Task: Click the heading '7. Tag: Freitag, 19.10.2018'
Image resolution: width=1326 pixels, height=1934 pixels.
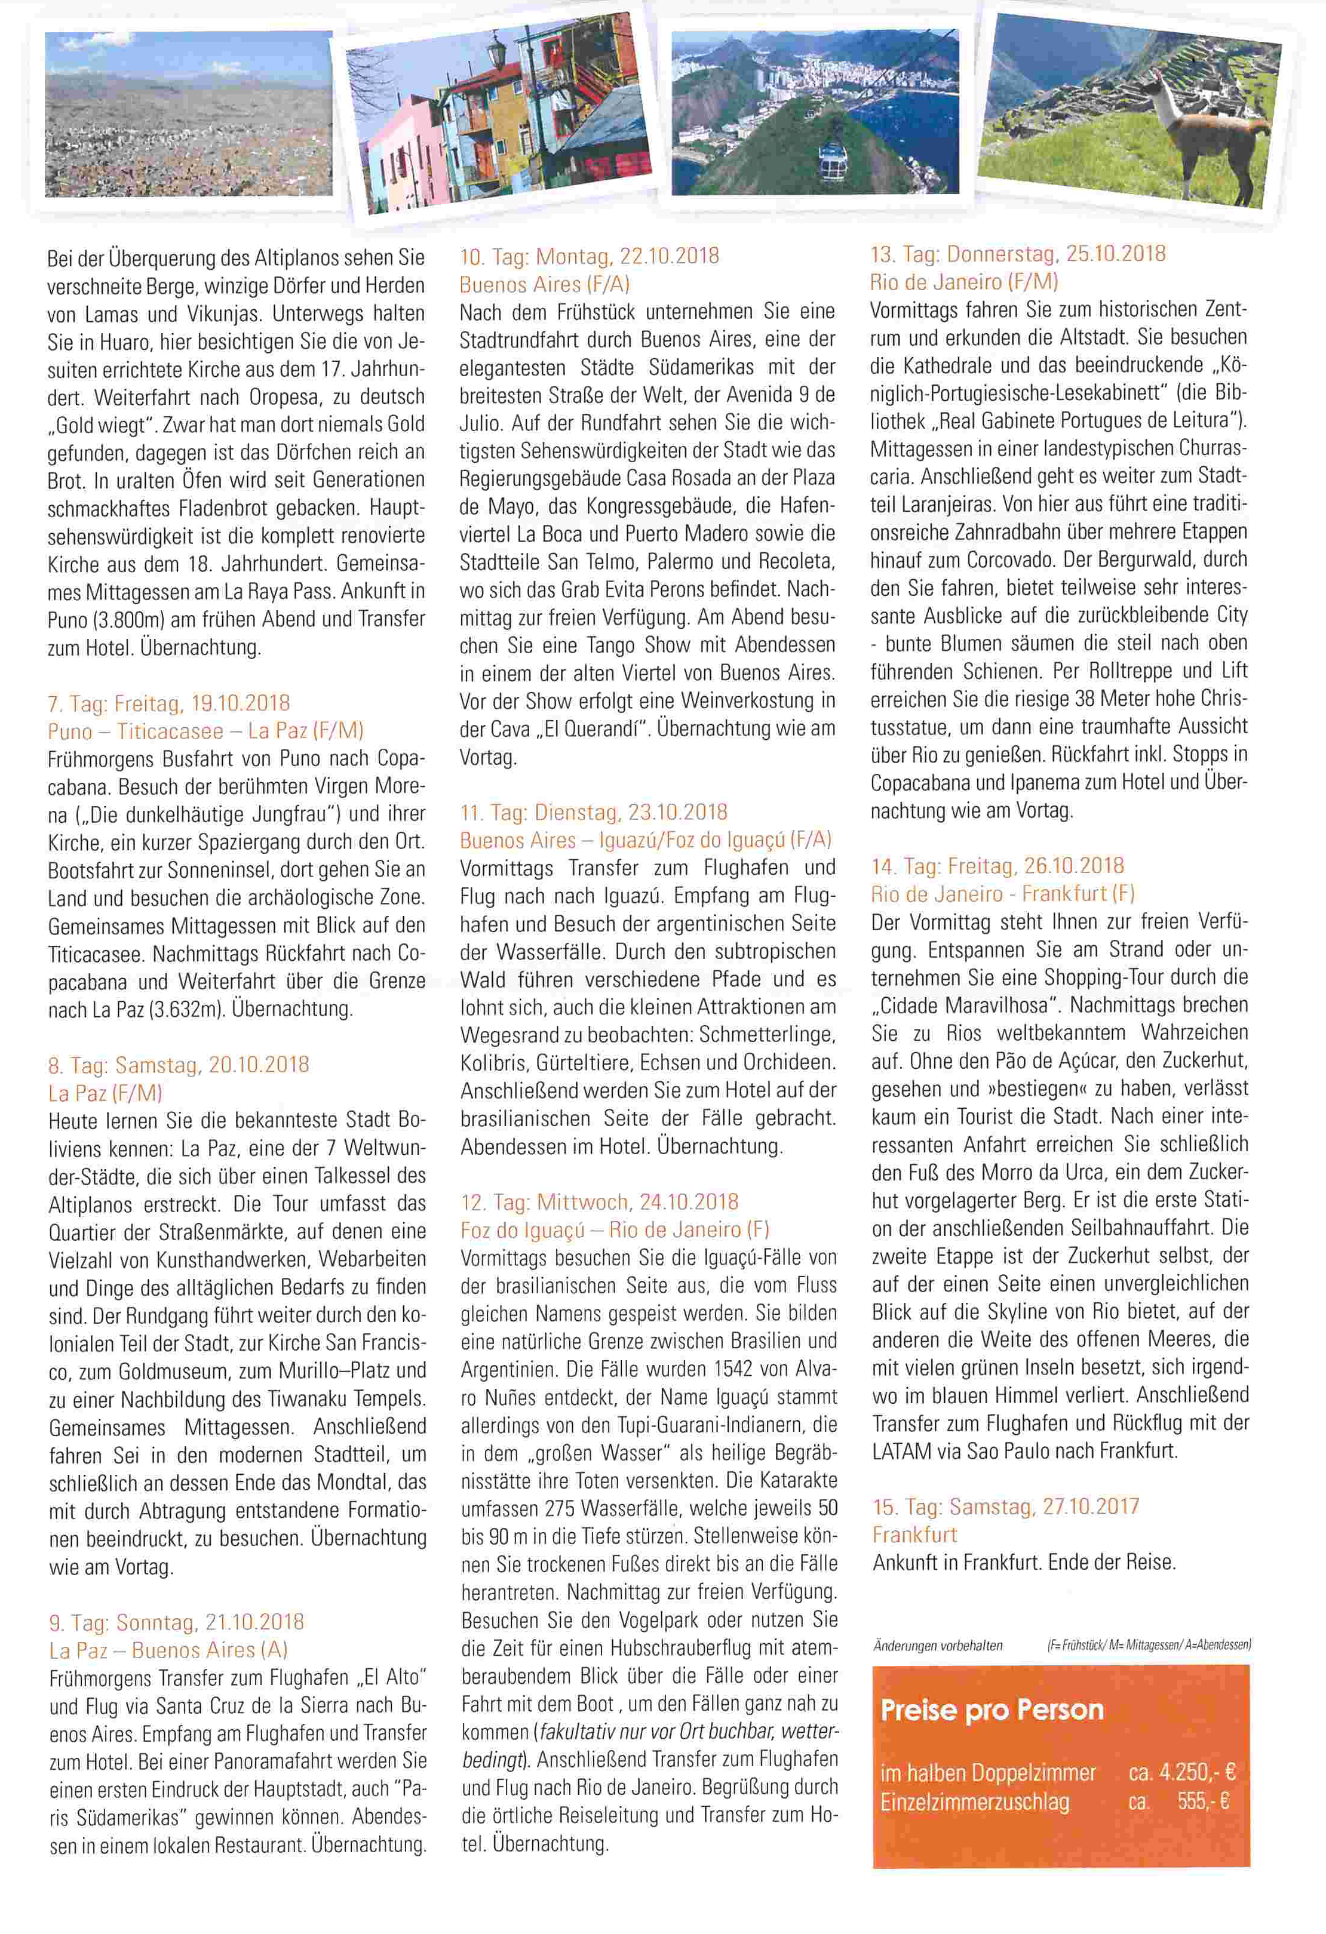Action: coord(169,703)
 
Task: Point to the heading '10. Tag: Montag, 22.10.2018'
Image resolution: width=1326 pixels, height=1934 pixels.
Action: coord(590,256)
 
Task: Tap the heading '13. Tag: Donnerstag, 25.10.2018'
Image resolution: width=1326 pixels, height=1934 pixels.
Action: coord(1017,253)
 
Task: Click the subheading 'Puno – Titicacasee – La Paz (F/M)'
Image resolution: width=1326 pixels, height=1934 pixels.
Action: coord(205,731)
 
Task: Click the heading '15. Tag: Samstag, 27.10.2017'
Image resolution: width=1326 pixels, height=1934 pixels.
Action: coord(1005,1506)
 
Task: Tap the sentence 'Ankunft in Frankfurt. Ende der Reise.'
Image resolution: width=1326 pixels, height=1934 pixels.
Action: coord(1024,1562)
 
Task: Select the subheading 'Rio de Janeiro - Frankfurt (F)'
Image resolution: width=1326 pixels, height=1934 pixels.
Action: coord(1003,894)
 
